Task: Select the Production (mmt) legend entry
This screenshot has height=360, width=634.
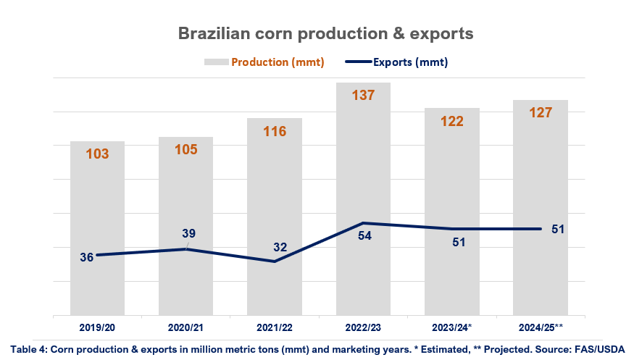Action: pyautogui.click(x=278, y=62)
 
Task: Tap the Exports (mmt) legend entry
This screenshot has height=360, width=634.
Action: pyautogui.click(x=410, y=62)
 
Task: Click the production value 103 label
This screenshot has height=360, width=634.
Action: pyautogui.click(x=97, y=154)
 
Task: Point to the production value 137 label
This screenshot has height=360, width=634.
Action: pyautogui.click(x=363, y=96)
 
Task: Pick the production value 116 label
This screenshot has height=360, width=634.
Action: pyautogui.click(x=275, y=131)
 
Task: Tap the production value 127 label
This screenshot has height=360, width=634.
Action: pyautogui.click(x=541, y=112)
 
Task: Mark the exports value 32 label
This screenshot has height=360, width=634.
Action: pyautogui.click(x=280, y=247)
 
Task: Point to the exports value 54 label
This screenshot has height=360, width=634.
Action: pyautogui.click(x=364, y=235)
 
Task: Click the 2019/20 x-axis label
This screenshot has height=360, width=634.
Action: pyautogui.click(x=98, y=327)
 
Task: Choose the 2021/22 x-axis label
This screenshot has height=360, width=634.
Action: pyautogui.click(x=275, y=327)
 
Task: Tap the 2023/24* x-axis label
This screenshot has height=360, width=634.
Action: pyautogui.click(x=452, y=327)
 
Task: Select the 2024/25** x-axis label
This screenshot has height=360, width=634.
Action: pyautogui.click(x=541, y=327)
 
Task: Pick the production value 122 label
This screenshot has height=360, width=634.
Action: pyautogui.click(x=452, y=121)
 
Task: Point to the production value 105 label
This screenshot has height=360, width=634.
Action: pyautogui.click(x=185, y=149)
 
